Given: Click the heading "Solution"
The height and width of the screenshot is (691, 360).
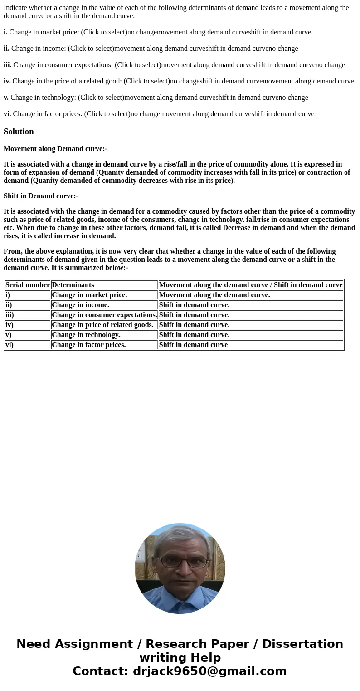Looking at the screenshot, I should (19, 132).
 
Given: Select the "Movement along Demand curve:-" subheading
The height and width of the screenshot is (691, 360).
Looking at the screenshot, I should (55, 149).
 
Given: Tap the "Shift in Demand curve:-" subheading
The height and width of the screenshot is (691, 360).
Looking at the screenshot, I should (41, 196).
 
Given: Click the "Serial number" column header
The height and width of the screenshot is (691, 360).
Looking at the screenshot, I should (28, 285).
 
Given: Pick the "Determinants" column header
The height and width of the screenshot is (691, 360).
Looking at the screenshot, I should (73, 285).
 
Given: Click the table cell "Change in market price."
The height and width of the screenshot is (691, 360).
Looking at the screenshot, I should (89, 295).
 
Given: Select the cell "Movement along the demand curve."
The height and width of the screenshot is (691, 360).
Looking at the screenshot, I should (214, 295).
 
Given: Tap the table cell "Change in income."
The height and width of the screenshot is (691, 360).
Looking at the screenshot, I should (80, 305).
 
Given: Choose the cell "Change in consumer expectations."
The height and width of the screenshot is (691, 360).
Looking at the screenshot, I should (104, 315).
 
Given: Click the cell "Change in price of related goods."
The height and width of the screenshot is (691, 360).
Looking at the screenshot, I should (102, 325).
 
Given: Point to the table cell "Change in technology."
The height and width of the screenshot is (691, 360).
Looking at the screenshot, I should (86, 335).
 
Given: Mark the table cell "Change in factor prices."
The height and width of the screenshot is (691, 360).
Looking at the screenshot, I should (88, 345).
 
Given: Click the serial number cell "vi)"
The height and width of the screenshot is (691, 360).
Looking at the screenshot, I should (10, 345).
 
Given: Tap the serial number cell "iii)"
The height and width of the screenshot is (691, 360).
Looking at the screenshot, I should (10, 315).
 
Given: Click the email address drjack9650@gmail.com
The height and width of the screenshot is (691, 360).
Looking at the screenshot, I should (209, 671).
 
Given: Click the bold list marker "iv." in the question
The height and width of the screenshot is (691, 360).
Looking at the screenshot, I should (7, 81).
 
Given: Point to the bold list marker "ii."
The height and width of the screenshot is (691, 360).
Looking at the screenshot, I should (6, 49).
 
